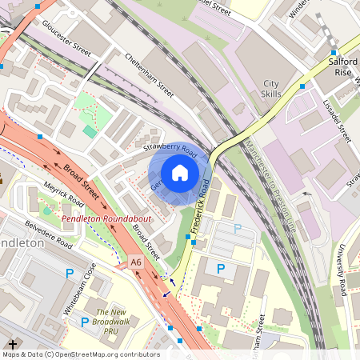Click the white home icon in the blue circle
click(180, 173)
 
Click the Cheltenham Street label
click(150, 76)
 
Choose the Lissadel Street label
click(334, 120)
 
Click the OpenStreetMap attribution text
click(80, 354)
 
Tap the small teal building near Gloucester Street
click(88, 130)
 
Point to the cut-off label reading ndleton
click(22, 242)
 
